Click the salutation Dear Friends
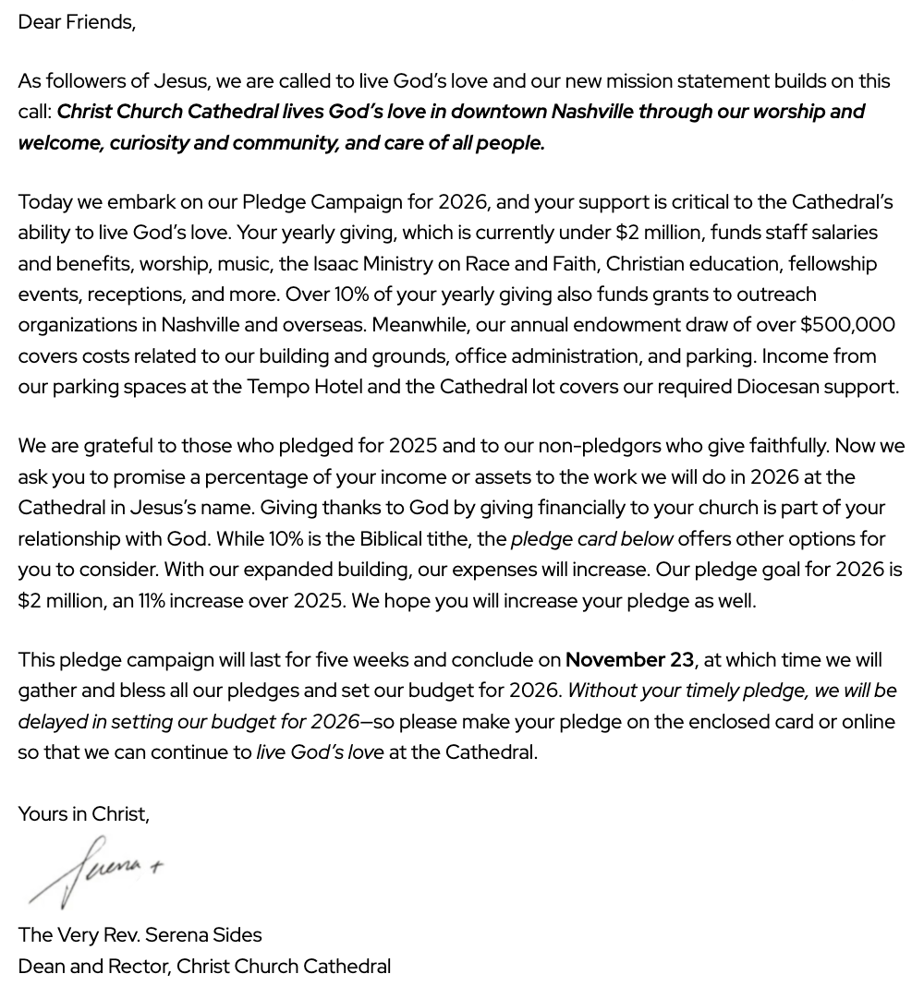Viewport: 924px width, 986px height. tap(77, 22)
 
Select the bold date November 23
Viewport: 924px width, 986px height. tap(629, 660)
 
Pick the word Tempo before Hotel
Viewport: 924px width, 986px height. tap(278, 387)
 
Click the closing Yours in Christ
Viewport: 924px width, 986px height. tap(83, 814)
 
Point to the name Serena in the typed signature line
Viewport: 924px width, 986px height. tap(177, 935)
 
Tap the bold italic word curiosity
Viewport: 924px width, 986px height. tap(149, 143)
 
